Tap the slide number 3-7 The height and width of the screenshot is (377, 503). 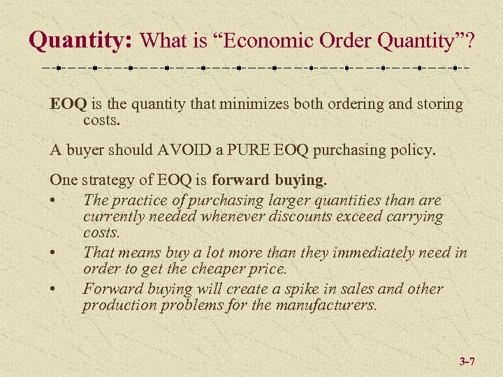click(x=467, y=362)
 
